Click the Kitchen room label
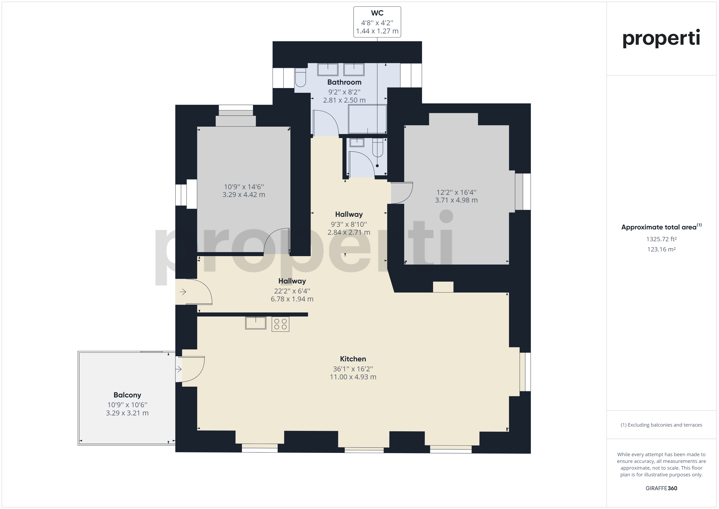pos(353,359)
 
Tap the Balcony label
pos(127,395)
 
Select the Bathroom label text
pos(344,82)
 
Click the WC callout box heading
pos(377,13)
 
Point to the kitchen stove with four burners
pos(280,324)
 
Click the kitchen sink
pos(256,323)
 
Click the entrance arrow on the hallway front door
pos(183,292)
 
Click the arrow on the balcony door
pos(179,370)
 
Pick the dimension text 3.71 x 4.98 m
pos(456,200)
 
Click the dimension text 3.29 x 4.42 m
pos(244,195)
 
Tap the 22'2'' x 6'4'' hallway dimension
pos(292,291)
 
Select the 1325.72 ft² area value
pos(661,239)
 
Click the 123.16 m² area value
pos(661,249)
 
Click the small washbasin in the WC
pos(357,143)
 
